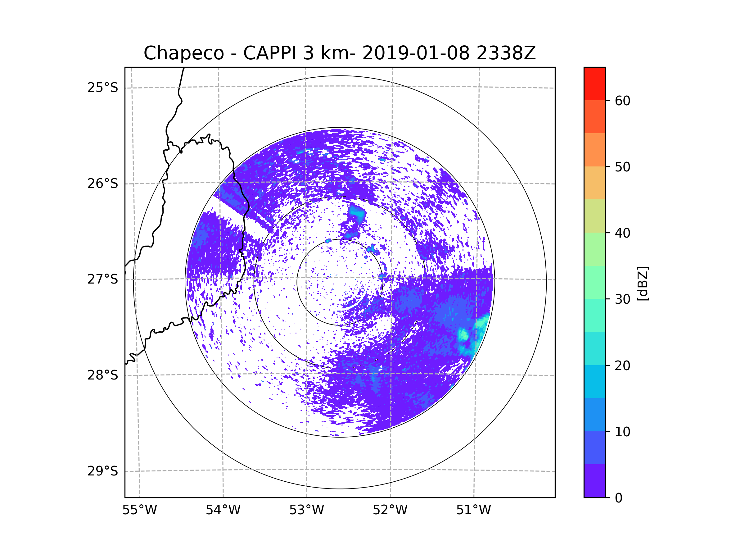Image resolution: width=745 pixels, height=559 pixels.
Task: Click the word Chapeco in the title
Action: [183, 53]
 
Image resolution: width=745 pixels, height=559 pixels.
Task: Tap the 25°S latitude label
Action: [103, 88]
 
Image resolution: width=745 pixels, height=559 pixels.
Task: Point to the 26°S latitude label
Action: [103, 184]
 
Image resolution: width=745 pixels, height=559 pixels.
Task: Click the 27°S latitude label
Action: [103, 279]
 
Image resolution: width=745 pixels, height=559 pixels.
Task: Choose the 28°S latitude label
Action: [103, 375]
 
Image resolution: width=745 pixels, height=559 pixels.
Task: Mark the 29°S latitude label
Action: [103, 471]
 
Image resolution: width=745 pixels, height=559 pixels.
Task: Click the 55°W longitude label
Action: [139, 510]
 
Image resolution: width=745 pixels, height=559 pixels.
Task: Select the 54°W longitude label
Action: [223, 510]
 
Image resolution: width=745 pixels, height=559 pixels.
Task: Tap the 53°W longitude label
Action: [306, 510]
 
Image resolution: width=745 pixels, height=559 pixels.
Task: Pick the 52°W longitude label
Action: [390, 510]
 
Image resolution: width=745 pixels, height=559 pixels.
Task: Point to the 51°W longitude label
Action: [473, 510]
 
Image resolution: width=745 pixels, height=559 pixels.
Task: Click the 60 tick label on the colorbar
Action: [622, 101]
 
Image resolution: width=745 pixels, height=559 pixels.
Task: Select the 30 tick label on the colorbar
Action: [622, 299]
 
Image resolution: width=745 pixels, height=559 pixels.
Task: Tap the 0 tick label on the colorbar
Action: [619, 498]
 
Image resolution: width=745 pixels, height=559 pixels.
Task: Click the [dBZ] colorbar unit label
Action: [643, 283]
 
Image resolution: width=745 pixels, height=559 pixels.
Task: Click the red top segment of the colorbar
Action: [594, 84]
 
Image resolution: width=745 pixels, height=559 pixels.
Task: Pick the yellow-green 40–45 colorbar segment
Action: [594, 216]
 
